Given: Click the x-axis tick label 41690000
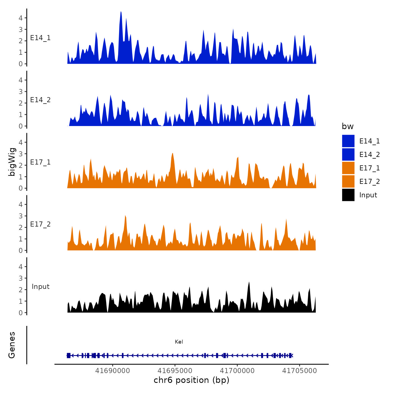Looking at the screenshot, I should coord(113,371).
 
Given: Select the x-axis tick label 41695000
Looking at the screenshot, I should coord(175,371).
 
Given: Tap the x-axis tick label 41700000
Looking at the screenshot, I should coord(237,371).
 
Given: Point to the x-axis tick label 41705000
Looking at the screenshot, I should coord(300,371).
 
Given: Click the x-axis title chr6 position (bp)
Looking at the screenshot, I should coord(191,380).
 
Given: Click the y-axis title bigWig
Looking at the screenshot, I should coord(12,162).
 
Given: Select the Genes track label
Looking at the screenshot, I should coord(12,345).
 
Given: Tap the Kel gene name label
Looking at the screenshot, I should coord(179,342).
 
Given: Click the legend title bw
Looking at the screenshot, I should coord(348,127).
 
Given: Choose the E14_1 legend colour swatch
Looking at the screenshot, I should coord(348,141).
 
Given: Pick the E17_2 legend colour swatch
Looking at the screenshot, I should coord(348,181).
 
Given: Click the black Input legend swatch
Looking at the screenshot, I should coord(348,195).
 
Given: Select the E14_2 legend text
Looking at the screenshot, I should coord(369,155).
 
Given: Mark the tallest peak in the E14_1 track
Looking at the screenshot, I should coord(121,12).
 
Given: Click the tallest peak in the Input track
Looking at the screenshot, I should coord(249,282).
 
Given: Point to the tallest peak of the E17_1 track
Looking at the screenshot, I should coord(173,153).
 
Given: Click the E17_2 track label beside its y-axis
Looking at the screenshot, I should coord(40,224).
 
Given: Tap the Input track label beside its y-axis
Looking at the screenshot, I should coord(40,287).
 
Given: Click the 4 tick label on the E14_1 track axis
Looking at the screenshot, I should coord(20,18).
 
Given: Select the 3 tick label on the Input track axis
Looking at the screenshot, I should coord(20,278).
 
